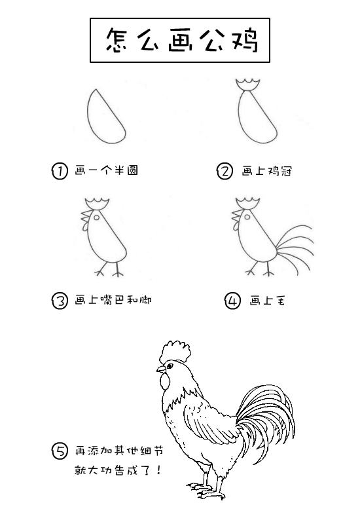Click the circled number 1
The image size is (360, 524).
[60, 171]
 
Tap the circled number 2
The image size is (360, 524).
[225, 172]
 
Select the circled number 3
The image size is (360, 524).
[60, 301]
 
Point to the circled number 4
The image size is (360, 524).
[232, 301]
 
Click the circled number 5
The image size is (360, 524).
[60, 451]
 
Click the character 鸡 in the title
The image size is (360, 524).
[245, 40]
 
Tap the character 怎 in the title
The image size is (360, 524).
[117, 40]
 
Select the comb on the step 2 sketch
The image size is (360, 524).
[247, 85]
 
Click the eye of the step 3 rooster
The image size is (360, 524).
[96, 217]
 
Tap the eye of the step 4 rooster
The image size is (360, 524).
[247, 217]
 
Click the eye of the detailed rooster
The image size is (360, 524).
[170, 366]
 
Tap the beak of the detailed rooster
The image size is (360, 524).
[161, 369]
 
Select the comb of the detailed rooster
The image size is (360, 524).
[175, 352]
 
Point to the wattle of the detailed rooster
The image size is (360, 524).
[165, 382]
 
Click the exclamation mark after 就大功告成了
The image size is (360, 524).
[158, 470]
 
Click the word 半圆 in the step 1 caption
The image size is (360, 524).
[126, 170]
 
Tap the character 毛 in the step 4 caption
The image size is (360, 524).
[279, 301]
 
